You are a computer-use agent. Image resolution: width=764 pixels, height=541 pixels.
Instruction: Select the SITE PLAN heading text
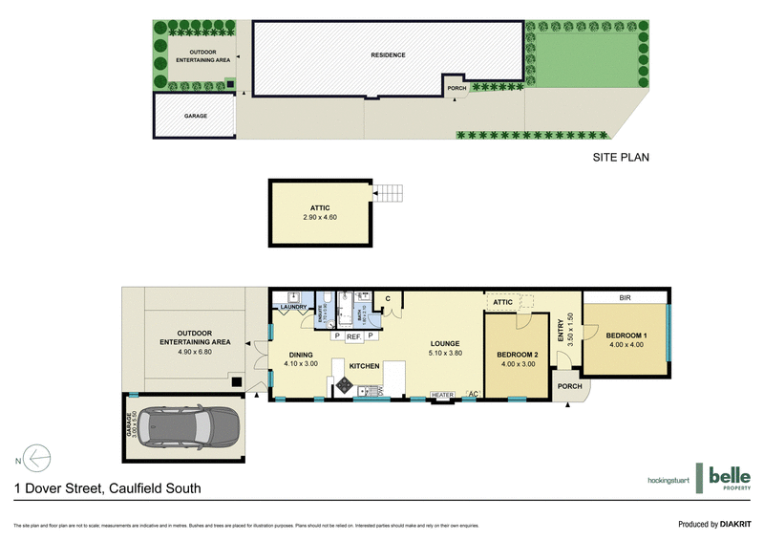621,158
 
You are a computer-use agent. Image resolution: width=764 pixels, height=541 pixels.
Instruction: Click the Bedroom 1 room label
626,335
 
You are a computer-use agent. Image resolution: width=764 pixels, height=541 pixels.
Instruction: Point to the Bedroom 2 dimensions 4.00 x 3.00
519,363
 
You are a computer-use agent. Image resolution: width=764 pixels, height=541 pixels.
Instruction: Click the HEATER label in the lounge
441,395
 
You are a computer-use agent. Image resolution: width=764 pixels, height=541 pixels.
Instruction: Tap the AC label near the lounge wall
473,394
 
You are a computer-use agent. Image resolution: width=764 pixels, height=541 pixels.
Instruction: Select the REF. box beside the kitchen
353,336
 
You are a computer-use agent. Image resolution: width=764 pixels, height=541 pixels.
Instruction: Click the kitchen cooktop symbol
344,386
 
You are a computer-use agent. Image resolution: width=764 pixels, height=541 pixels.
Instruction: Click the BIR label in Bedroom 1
625,297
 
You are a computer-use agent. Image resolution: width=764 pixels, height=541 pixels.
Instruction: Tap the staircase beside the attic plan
390,192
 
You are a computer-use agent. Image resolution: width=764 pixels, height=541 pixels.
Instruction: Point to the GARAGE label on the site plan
196,116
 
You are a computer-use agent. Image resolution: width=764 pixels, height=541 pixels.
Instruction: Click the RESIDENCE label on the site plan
389,55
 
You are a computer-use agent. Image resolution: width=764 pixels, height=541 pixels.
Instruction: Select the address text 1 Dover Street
107,488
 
